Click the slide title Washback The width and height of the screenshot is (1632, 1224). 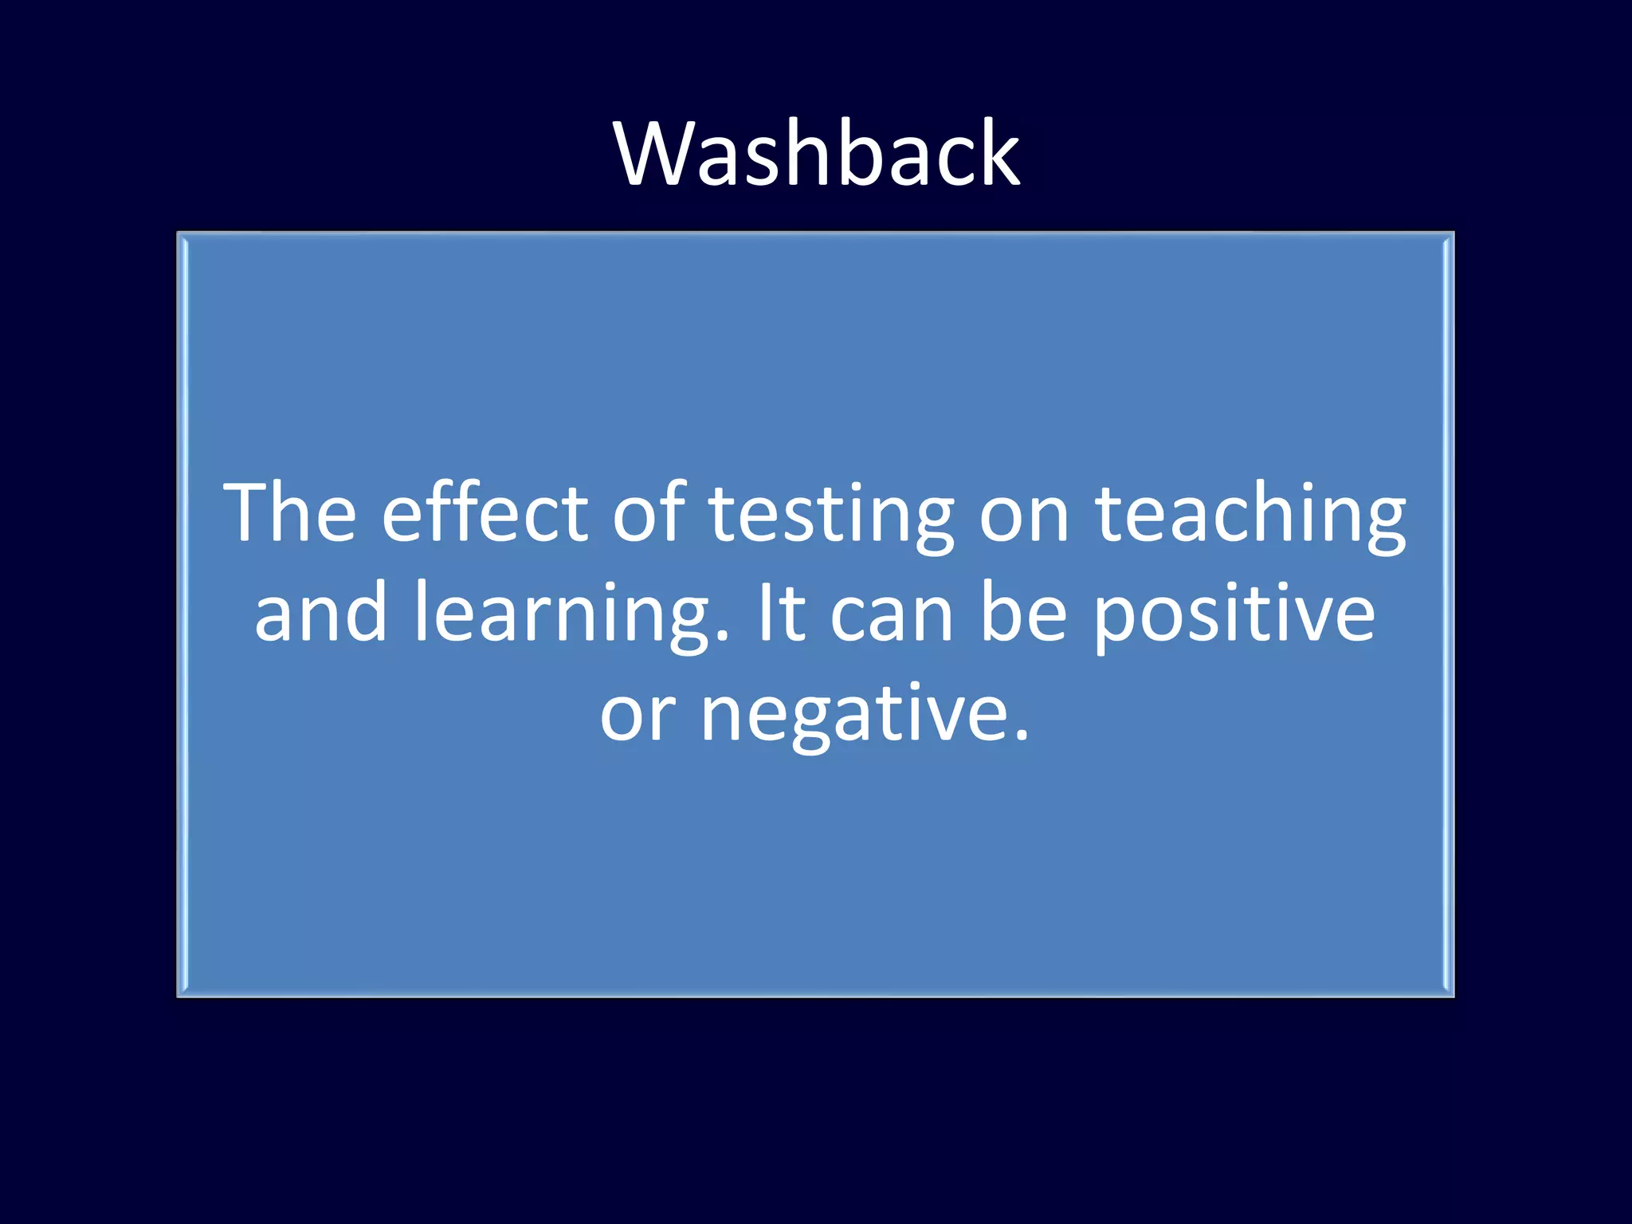point(816,153)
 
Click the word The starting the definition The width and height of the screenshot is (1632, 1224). point(290,513)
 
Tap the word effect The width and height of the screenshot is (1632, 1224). point(485,513)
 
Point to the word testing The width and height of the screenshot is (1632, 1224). point(831,518)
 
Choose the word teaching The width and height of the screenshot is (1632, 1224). point(1250,518)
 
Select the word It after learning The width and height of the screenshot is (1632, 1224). point(782,612)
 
